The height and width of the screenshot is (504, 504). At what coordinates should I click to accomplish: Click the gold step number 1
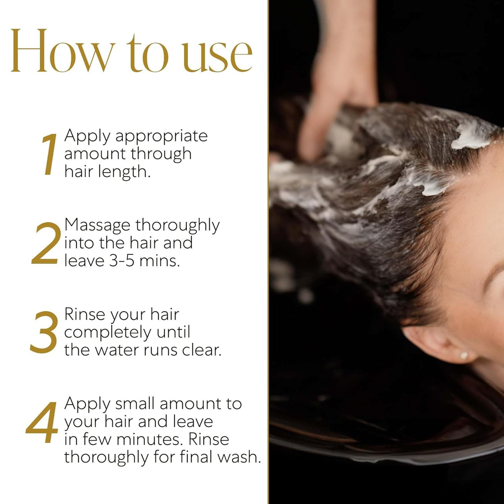[x=49, y=154]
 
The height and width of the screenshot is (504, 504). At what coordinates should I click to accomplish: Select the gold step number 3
[x=44, y=332]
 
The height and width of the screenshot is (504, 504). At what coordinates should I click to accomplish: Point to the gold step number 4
[x=42, y=422]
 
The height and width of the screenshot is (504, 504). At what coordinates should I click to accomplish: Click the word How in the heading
[x=63, y=50]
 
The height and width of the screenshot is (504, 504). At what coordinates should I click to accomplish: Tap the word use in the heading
[x=217, y=57]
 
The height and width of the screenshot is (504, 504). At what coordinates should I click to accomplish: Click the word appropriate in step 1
[x=162, y=137]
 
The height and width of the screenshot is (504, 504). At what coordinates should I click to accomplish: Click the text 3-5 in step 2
[x=122, y=261]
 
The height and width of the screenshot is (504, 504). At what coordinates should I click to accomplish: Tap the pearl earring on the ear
[x=464, y=355]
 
